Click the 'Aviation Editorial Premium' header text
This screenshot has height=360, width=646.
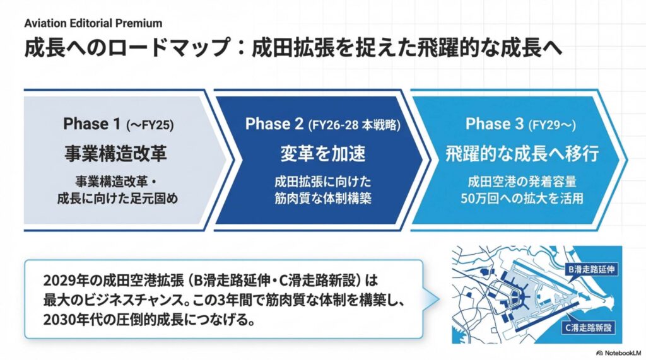coord(93,23)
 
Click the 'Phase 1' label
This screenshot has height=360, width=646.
coord(92,124)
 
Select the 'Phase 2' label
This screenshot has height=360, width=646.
coord(274,124)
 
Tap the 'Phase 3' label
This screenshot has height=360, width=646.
coord(495,124)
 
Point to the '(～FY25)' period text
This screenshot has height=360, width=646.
coord(150,125)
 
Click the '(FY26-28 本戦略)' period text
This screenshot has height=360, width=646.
coord(355,125)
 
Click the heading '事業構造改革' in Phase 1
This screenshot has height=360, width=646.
coord(116,154)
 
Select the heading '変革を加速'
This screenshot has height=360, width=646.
coord(323,154)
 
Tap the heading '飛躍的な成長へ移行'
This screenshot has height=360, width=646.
coord(522,154)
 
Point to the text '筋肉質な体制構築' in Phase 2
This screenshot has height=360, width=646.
coord(323,199)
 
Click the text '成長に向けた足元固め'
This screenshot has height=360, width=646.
coord(117,199)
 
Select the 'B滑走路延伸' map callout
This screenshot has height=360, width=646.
coord(592,269)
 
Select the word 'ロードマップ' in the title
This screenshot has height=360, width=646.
coord(168,48)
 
